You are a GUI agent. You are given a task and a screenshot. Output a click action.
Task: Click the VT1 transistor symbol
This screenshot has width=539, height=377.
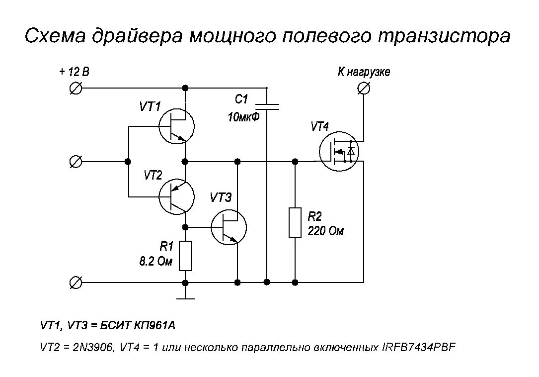click(176, 127)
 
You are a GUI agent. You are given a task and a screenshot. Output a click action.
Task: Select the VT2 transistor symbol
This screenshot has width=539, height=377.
click(176, 197)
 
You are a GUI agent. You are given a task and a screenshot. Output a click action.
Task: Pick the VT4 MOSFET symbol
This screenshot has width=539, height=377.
click(339, 152)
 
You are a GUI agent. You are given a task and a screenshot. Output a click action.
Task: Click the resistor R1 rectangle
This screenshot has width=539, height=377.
click(185, 256)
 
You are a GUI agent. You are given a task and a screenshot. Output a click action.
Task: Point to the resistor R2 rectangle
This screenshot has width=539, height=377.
click(296, 222)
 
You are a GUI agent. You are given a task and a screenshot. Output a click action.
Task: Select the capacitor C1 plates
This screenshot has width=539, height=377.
click(267, 106)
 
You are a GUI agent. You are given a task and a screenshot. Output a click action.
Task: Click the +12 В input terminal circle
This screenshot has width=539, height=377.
click(76, 89)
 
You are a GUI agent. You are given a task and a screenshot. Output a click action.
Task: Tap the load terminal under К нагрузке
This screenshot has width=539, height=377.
click(364, 89)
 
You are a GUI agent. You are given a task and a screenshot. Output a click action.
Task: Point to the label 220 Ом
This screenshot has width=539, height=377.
click(325, 231)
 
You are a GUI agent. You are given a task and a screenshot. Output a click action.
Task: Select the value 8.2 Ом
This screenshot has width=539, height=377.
click(155, 261)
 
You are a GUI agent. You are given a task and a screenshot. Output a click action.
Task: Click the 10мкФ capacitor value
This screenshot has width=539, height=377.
click(243, 118)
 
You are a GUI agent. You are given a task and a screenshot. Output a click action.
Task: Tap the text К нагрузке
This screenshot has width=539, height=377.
click(364, 72)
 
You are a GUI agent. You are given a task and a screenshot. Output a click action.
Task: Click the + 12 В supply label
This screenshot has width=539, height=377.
click(75, 72)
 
